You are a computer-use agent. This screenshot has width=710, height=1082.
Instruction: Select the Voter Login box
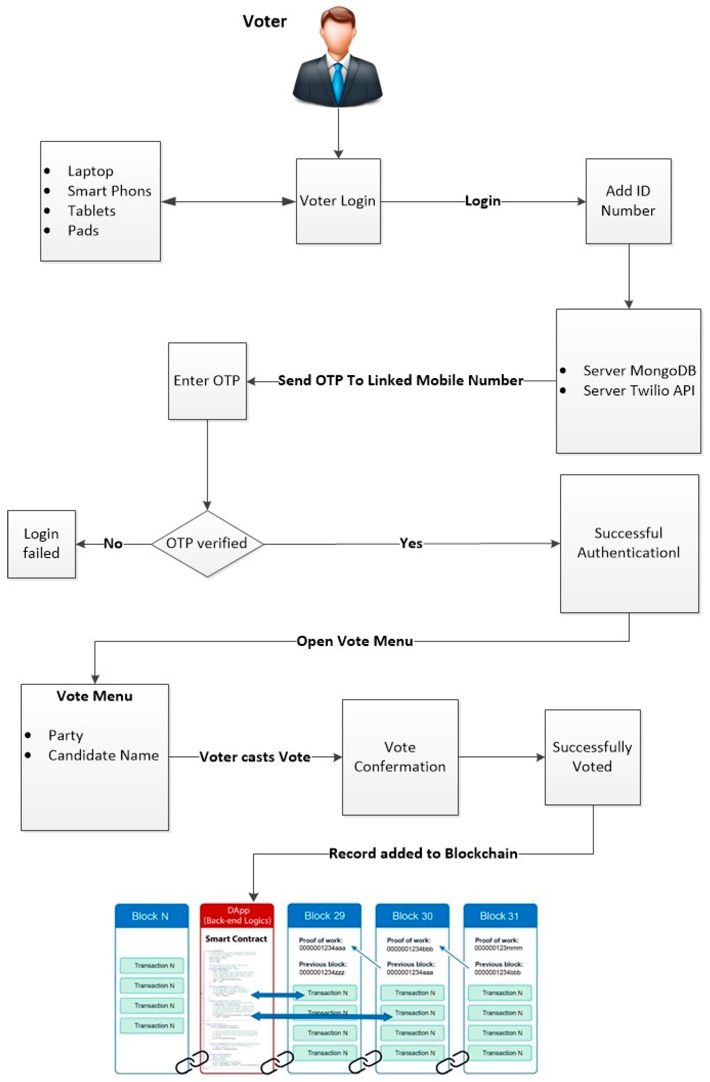point(338,201)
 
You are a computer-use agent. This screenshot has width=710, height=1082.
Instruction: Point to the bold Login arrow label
point(482,201)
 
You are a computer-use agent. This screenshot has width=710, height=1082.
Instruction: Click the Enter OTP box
point(207,381)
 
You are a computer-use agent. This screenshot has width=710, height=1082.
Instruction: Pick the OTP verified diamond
point(207,543)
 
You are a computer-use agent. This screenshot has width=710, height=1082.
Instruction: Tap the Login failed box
point(41,544)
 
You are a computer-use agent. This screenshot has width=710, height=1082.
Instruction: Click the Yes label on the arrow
point(411,543)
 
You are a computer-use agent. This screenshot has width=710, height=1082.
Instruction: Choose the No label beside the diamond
point(113,543)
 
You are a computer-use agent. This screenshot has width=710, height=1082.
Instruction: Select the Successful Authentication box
point(629,543)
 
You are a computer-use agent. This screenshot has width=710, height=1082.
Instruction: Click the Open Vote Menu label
point(355,641)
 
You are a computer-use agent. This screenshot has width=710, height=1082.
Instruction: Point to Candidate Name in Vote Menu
point(104,755)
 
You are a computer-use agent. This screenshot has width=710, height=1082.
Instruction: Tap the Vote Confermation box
point(400,757)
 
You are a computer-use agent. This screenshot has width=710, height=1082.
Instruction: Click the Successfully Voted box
point(592,757)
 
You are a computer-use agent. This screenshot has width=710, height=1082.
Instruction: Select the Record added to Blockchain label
point(423,853)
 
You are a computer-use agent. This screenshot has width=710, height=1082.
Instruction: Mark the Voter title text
point(265,21)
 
